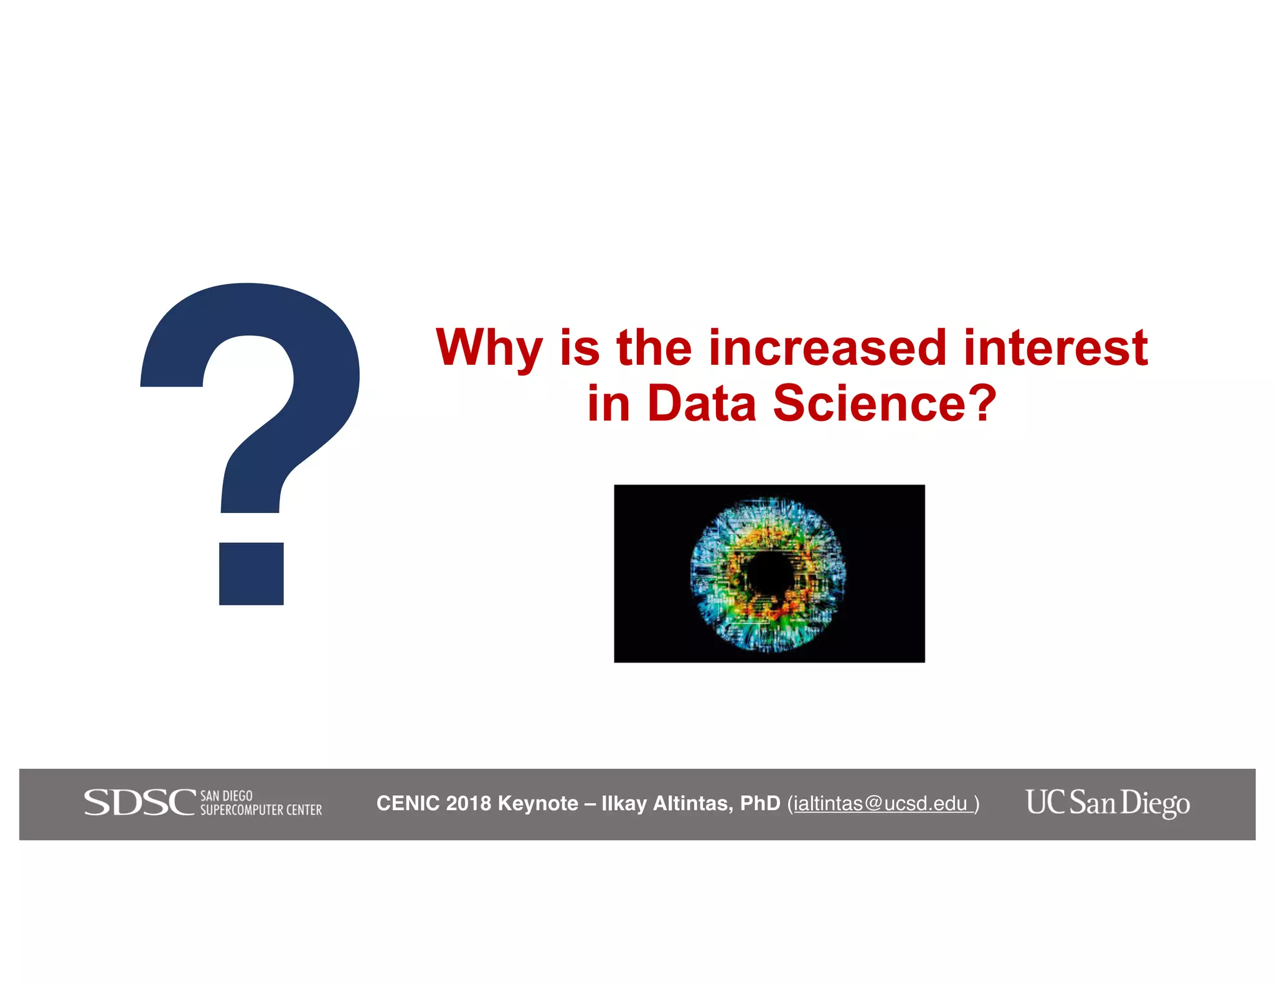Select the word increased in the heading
click(828, 347)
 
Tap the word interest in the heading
click(1055, 347)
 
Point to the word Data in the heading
click(702, 403)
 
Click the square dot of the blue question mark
click(251, 573)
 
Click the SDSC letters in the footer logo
click(139, 803)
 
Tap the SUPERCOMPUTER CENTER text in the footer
click(261, 810)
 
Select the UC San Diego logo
click(1108, 803)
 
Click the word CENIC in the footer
click(408, 804)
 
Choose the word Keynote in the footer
click(538, 804)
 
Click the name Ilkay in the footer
click(624, 804)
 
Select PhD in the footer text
click(760, 804)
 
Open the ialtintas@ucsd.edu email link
click(880, 804)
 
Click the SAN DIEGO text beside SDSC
click(227, 796)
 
